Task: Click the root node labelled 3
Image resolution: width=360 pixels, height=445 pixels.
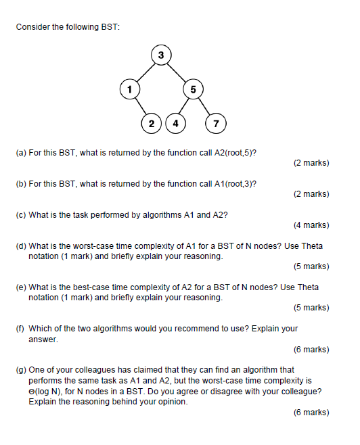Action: pos(161,55)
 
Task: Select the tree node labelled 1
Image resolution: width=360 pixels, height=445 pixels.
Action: pos(127,88)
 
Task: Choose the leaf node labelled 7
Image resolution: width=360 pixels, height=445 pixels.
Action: pos(216,123)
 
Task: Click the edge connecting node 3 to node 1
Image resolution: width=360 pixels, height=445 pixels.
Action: pos(144,71)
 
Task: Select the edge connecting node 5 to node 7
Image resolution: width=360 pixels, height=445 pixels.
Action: pos(204,106)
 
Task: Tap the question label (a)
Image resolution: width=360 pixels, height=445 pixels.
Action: pos(20,153)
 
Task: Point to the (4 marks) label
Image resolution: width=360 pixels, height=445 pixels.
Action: pos(311,225)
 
